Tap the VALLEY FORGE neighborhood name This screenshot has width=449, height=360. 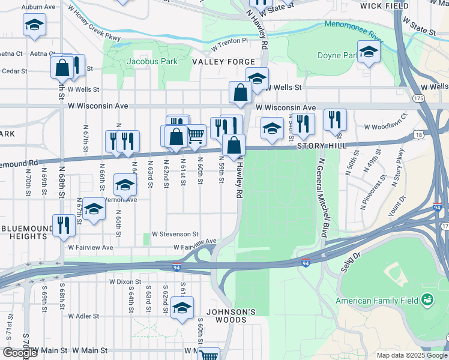point(223,62)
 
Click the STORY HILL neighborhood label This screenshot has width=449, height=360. point(315,146)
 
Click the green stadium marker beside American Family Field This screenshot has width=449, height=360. point(427,299)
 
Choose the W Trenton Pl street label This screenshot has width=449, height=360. point(229,41)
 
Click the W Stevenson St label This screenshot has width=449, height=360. point(175,233)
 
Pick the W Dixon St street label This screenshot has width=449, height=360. point(125,281)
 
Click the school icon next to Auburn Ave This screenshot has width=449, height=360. point(34,25)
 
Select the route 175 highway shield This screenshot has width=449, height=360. point(418,98)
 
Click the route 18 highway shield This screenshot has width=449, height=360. point(418,136)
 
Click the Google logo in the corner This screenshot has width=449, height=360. point(20,353)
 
